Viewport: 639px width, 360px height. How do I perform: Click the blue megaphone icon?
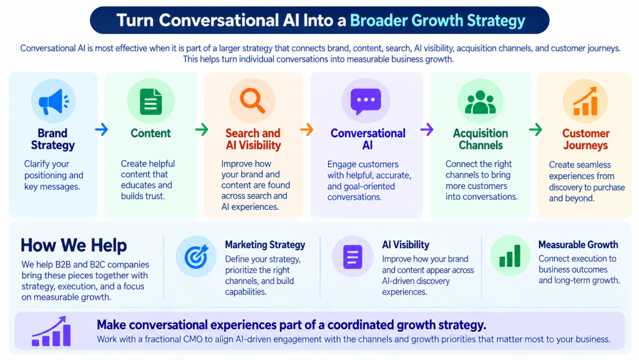click(x=54, y=102)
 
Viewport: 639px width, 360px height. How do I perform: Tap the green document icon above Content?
click(x=151, y=102)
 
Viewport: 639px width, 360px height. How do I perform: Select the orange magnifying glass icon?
click(x=252, y=100)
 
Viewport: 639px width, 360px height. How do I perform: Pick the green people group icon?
click(x=480, y=102)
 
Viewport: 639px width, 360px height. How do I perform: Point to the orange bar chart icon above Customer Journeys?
click(x=585, y=101)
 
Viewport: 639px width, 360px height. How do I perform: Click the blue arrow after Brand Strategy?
click(x=102, y=130)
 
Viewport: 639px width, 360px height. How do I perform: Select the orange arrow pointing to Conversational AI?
click(x=307, y=130)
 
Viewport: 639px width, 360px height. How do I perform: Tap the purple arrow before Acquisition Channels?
click(x=427, y=130)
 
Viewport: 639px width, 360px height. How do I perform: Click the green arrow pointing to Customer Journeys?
click(x=535, y=130)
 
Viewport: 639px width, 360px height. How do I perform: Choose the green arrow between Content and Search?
click(x=202, y=130)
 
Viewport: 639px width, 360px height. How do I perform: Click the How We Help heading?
click(x=74, y=246)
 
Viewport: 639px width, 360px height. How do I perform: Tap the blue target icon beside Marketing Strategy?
click(x=197, y=256)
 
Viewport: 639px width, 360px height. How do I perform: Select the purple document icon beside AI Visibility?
click(x=353, y=257)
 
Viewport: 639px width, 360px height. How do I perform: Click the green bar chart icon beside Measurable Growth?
click(x=510, y=256)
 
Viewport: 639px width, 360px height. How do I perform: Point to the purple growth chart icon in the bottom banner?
click(x=51, y=331)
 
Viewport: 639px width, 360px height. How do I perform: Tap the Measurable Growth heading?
click(x=578, y=245)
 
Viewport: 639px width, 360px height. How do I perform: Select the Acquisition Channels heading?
click(x=480, y=139)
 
